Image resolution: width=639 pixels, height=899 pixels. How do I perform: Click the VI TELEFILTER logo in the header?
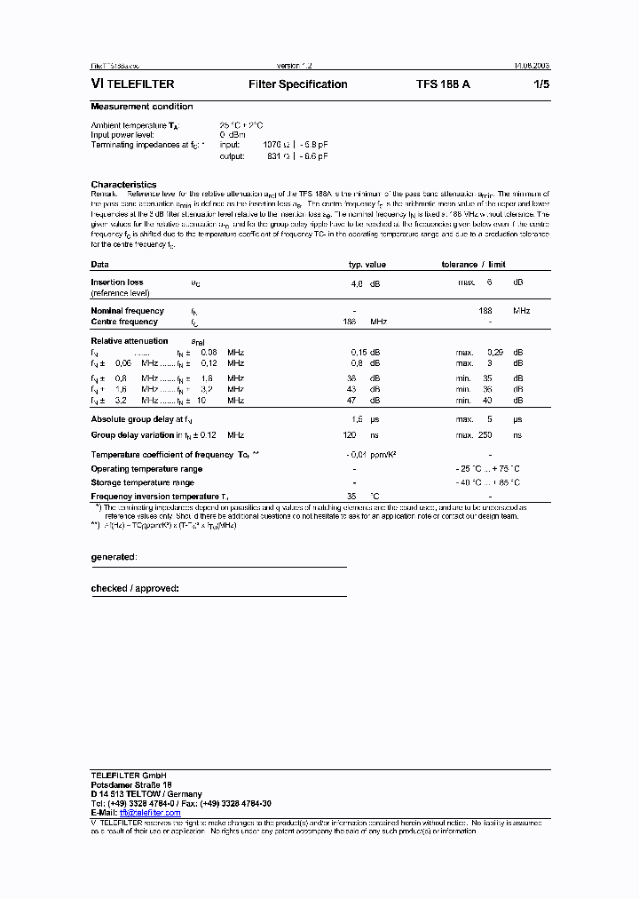[x=132, y=84]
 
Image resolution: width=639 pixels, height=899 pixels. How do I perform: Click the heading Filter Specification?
[x=297, y=84]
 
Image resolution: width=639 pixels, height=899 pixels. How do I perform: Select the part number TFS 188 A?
[x=443, y=84]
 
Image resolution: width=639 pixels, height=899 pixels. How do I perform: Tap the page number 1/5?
[x=541, y=84]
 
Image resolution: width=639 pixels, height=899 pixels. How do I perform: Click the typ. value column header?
[x=367, y=265]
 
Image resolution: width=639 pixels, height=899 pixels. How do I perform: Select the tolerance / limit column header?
[x=473, y=265]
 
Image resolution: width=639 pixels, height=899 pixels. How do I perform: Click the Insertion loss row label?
[x=116, y=282]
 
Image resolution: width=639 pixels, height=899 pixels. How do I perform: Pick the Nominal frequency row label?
[x=127, y=311]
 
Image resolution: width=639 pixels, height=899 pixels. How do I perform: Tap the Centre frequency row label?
[x=124, y=322]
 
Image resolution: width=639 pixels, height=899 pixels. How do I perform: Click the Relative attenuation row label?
[x=129, y=341]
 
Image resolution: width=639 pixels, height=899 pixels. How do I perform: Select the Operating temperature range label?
[x=146, y=469]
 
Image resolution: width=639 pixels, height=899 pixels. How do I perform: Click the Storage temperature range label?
[x=142, y=482]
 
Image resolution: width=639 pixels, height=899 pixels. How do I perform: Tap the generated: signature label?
[x=114, y=557]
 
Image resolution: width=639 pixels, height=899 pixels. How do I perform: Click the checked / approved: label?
[x=135, y=588]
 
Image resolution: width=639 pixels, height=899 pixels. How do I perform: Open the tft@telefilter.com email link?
[x=150, y=813]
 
